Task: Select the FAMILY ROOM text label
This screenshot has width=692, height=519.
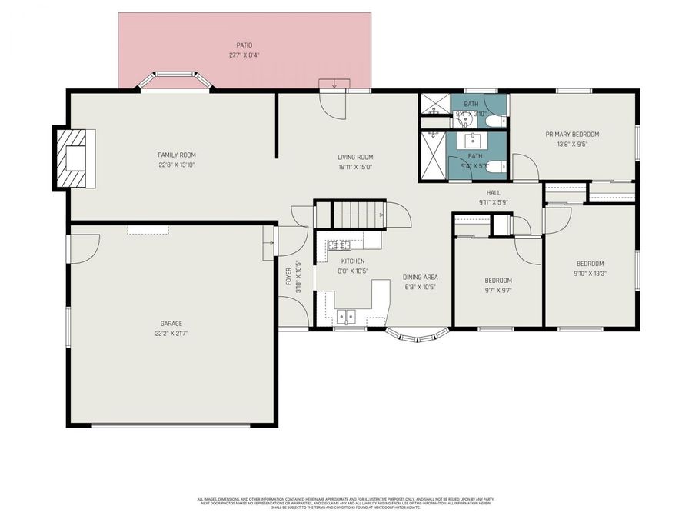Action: pos(177,155)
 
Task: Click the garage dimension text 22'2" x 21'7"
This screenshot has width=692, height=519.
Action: pos(171,333)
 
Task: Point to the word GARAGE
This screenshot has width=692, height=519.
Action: pos(171,324)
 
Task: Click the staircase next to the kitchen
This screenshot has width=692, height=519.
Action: pos(358,213)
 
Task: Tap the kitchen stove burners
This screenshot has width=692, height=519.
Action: pos(339,245)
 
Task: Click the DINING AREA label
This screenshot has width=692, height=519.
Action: pos(420,277)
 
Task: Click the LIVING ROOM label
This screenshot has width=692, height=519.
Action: pos(355,158)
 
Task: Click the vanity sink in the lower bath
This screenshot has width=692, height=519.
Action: pos(471,141)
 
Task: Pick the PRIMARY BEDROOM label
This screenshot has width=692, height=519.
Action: pos(572,134)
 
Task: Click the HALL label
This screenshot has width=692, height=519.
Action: pos(493,193)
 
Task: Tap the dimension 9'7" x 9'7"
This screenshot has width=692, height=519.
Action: pos(497,290)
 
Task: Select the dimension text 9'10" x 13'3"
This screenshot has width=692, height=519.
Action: pos(589,272)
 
